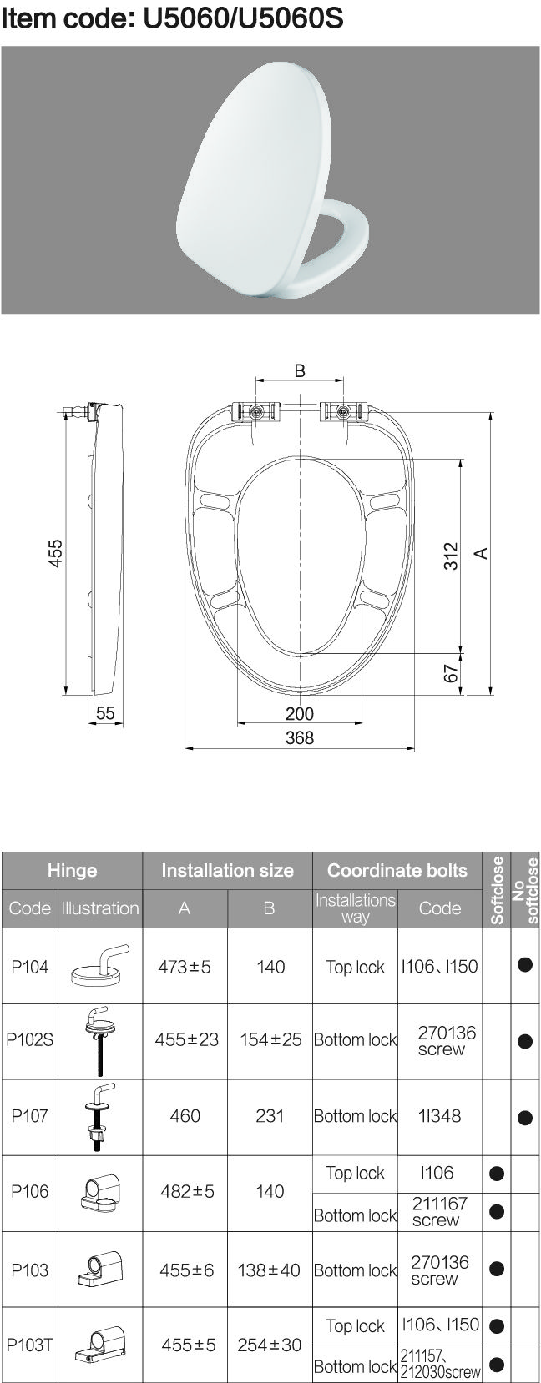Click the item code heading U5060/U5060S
172,18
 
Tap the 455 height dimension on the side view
56,554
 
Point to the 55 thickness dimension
105,714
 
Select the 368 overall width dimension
300,738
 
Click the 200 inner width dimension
300,714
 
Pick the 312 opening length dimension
452,556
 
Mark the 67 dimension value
452,674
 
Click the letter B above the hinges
300,370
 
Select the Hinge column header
73,871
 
